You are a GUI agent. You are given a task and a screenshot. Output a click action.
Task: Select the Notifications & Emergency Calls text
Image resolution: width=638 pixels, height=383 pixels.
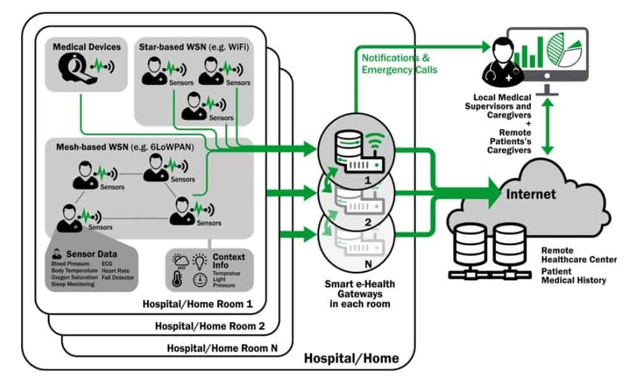pyautogui.click(x=399, y=64)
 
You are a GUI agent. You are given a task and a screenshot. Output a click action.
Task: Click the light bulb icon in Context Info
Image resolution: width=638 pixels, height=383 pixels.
pyautogui.click(x=200, y=260)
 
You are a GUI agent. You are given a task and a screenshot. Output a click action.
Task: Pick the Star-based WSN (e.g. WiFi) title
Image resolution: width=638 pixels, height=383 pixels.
pyautogui.click(x=194, y=46)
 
